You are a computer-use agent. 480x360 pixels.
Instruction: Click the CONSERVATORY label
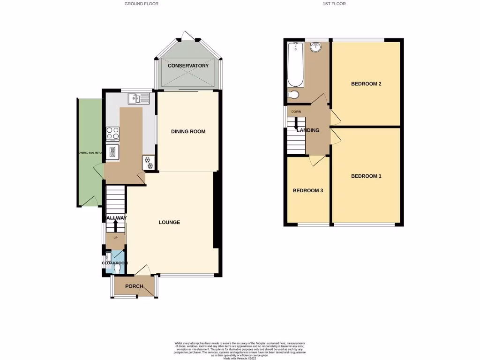click(188, 66)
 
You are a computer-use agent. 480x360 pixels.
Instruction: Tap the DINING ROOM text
click(188, 132)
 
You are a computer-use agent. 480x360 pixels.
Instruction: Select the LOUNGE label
click(169, 222)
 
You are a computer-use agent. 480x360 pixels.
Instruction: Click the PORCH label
click(134, 286)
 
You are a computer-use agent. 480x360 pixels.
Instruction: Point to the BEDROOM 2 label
click(366, 84)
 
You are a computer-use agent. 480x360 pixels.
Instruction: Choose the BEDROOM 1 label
click(366, 176)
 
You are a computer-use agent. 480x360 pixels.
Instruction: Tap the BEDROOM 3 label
click(308, 191)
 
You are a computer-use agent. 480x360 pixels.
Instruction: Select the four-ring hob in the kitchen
click(112, 134)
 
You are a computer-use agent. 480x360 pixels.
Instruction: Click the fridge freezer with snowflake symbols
click(149, 163)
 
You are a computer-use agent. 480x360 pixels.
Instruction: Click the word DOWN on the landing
click(296, 112)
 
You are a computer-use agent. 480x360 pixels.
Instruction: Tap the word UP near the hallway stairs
click(115, 238)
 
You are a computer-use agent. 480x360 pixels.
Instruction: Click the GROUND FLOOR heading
click(141, 4)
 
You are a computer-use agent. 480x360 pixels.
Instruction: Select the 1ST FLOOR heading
click(334, 4)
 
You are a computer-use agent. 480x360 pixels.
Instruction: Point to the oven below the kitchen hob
click(112, 151)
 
